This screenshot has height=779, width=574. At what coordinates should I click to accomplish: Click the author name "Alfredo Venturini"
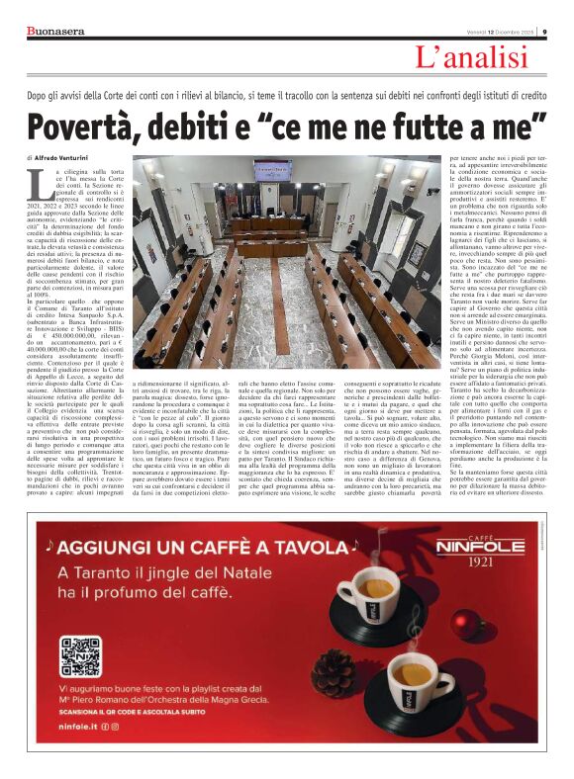(70, 157)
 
